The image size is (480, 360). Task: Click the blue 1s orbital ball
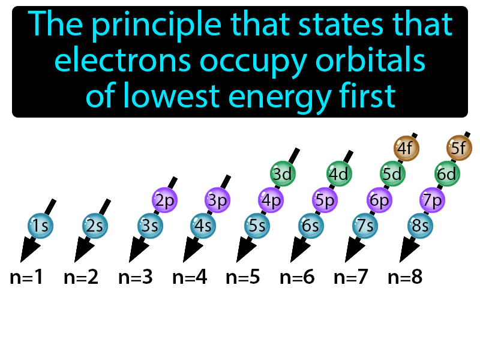40,226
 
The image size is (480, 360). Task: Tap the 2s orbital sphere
95,226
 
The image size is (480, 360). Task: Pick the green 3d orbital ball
282,174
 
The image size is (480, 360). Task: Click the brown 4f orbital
406,148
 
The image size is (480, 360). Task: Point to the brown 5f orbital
460,148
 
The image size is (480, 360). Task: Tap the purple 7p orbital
432,200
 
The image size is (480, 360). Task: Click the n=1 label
27,278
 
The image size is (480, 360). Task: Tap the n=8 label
405,278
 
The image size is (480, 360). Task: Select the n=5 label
243,278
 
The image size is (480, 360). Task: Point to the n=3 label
135,278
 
